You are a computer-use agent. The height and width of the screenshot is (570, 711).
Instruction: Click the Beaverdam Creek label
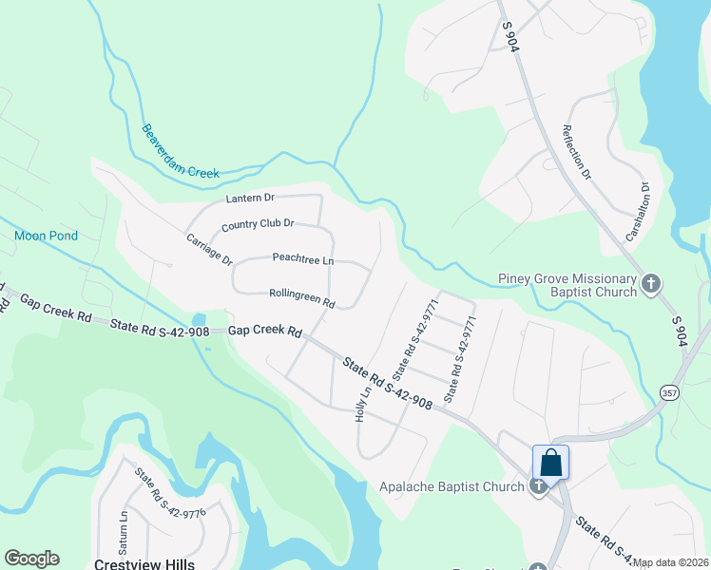coord(181,151)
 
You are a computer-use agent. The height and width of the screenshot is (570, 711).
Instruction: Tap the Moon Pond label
coord(46,235)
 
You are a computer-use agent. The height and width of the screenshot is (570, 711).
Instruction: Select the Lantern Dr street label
coord(250,198)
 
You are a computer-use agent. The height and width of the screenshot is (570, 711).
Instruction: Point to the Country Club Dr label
coord(258,224)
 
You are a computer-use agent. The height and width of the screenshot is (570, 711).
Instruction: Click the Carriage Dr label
coord(209,249)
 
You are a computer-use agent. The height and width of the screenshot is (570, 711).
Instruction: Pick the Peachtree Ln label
coord(302,258)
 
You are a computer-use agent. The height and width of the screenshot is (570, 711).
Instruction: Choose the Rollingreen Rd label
coord(301,298)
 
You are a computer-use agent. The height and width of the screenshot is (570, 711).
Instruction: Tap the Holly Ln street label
coord(362,404)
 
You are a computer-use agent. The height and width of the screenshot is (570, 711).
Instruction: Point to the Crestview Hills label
coord(144,563)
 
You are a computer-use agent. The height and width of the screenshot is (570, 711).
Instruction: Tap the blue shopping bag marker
coord(550,464)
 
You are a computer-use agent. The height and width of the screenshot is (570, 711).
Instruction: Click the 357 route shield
coord(668,391)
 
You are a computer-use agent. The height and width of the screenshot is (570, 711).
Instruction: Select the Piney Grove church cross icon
coord(651,283)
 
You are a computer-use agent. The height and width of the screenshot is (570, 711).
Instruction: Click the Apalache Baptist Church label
coord(452,486)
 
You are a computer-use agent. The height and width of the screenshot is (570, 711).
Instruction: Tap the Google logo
coord(31,560)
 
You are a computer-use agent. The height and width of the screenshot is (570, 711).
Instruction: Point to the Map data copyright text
coord(670,563)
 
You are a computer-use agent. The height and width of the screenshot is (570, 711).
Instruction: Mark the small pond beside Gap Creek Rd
coord(198,320)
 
